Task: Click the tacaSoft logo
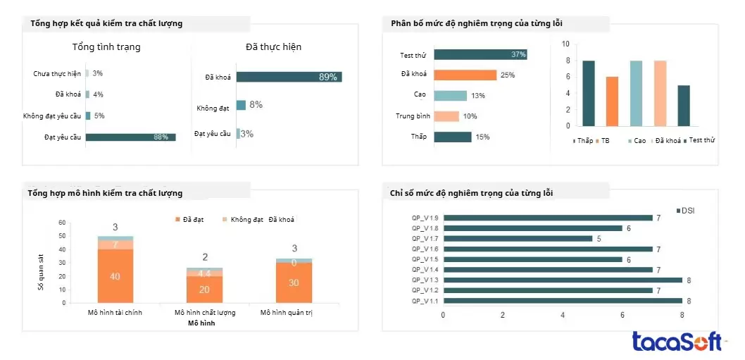coord(677,342)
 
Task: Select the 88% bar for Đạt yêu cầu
coord(130,137)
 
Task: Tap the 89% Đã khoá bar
coord(289,77)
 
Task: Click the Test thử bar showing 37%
coord(480,54)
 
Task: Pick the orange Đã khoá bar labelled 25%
coord(465,75)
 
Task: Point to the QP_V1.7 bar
coord(518,238)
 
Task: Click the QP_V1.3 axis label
coord(425,280)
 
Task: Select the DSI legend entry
coord(686,211)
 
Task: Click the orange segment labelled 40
coord(115,275)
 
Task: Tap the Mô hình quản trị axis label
coord(286,312)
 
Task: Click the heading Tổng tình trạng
coord(106,47)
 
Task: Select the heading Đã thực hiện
coord(273,47)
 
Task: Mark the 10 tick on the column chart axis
coord(565,44)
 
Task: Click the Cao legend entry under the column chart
coord(636,141)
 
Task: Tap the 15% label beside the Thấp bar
coord(482,137)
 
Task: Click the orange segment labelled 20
coord(204,289)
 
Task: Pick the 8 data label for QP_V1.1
coord(689,300)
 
